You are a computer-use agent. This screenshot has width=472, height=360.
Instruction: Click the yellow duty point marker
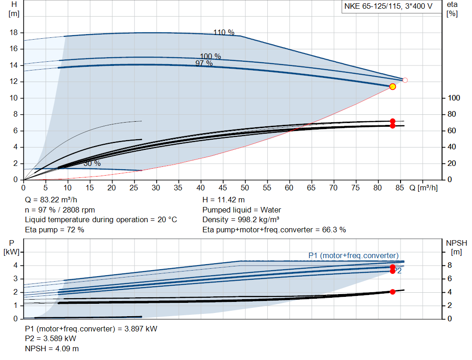click(x=393, y=87)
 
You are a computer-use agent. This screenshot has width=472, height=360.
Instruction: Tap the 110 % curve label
click(x=224, y=32)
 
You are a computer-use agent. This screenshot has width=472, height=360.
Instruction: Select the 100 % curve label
click(x=211, y=56)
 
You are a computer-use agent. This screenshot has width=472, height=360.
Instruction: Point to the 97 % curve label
click(x=204, y=64)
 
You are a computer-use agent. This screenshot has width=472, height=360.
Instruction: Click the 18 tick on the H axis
click(x=14, y=33)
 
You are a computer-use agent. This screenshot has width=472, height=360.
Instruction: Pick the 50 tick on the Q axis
click(x=245, y=188)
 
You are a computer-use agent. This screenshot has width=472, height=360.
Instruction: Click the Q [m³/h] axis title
click(x=424, y=188)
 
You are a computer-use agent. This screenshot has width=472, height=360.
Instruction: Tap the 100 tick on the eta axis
click(x=454, y=98)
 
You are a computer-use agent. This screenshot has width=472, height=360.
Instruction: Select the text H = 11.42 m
click(x=224, y=200)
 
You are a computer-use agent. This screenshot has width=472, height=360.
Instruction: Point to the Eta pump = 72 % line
click(x=54, y=229)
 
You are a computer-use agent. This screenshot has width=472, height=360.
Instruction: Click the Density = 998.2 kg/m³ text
click(x=241, y=219)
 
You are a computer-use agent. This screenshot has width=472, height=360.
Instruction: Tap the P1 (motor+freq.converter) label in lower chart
click(x=354, y=255)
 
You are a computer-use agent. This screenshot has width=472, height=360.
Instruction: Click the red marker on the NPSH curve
click(x=393, y=292)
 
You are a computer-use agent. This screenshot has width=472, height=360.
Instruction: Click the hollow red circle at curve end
click(x=405, y=80)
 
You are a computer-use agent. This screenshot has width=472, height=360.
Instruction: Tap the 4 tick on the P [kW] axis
click(x=15, y=266)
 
